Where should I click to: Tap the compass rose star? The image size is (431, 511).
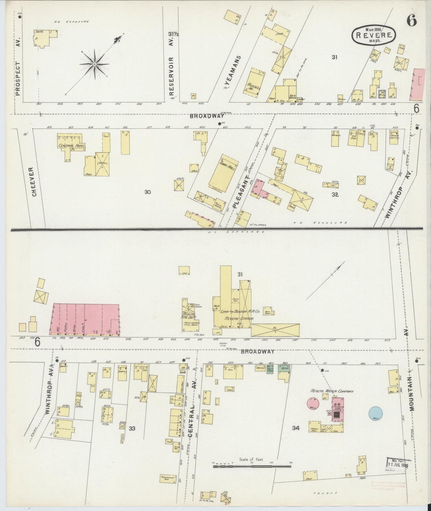point(94,64)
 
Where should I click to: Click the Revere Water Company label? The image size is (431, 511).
point(332,391)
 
